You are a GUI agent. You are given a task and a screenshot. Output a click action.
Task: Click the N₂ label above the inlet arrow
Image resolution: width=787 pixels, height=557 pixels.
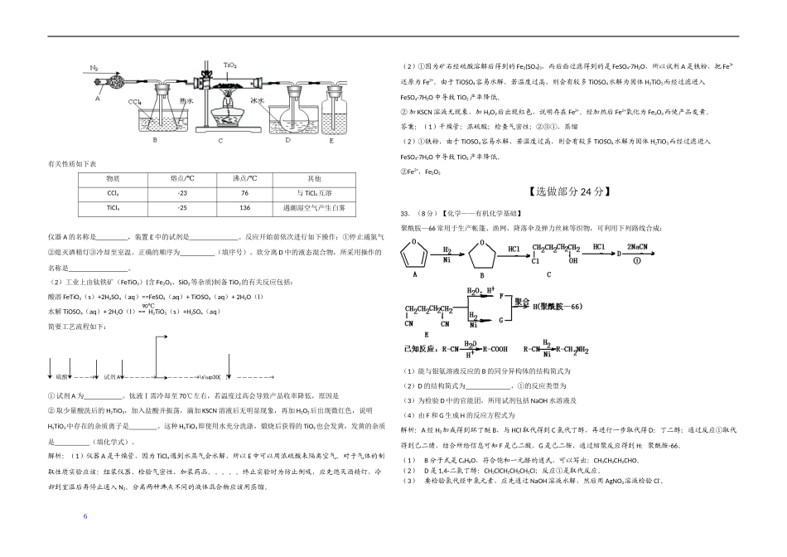pos(94,67)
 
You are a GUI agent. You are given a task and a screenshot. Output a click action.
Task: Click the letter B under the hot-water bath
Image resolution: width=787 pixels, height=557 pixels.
pos(155,139)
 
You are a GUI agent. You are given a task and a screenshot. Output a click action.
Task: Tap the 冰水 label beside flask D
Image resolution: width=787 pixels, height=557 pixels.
pos(258,100)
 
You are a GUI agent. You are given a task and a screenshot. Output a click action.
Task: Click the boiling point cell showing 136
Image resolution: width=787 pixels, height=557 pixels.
pos(244,208)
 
